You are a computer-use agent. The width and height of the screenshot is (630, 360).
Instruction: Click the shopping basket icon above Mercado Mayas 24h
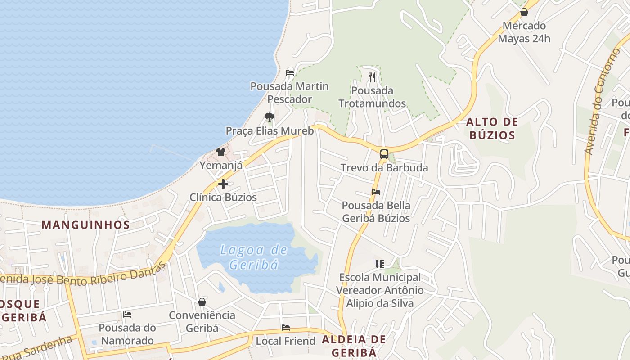click(x=524, y=12)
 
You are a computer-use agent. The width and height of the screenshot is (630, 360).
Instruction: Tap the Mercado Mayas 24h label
click(x=524, y=32)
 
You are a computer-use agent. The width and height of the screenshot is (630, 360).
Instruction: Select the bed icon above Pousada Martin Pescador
click(x=290, y=72)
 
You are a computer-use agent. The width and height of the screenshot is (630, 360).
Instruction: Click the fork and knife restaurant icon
click(x=372, y=77)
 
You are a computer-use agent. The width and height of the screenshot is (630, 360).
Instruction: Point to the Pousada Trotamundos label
click(x=372, y=97)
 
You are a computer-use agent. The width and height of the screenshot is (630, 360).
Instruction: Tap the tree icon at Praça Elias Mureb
click(x=269, y=117)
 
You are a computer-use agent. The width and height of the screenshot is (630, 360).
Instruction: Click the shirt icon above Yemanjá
click(x=220, y=152)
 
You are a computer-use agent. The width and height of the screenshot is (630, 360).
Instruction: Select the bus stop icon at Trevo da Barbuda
click(x=384, y=154)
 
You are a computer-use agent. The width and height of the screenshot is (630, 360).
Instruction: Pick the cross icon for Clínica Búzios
click(x=223, y=184)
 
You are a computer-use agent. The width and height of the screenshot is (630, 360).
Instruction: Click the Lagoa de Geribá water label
click(x=254, y=257)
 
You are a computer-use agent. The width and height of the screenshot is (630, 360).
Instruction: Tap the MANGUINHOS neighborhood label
click(x=85, y=225)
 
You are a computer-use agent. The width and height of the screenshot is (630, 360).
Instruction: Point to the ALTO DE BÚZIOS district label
click(x=492, y=128)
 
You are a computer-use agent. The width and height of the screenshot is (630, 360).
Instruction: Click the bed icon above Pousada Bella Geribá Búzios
click(x=376, y=192)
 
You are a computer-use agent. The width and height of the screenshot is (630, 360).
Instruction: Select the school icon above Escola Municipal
click(x=380, y=264)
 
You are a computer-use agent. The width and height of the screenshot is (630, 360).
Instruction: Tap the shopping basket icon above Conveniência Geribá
click(x=202, y=302)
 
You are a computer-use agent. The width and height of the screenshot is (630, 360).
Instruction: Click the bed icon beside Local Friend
click(x=285, y=328)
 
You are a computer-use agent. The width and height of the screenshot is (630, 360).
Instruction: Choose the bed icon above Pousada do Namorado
click(x=127, y=315)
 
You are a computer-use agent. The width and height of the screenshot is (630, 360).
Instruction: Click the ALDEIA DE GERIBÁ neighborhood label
click(x=354, y=346)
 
